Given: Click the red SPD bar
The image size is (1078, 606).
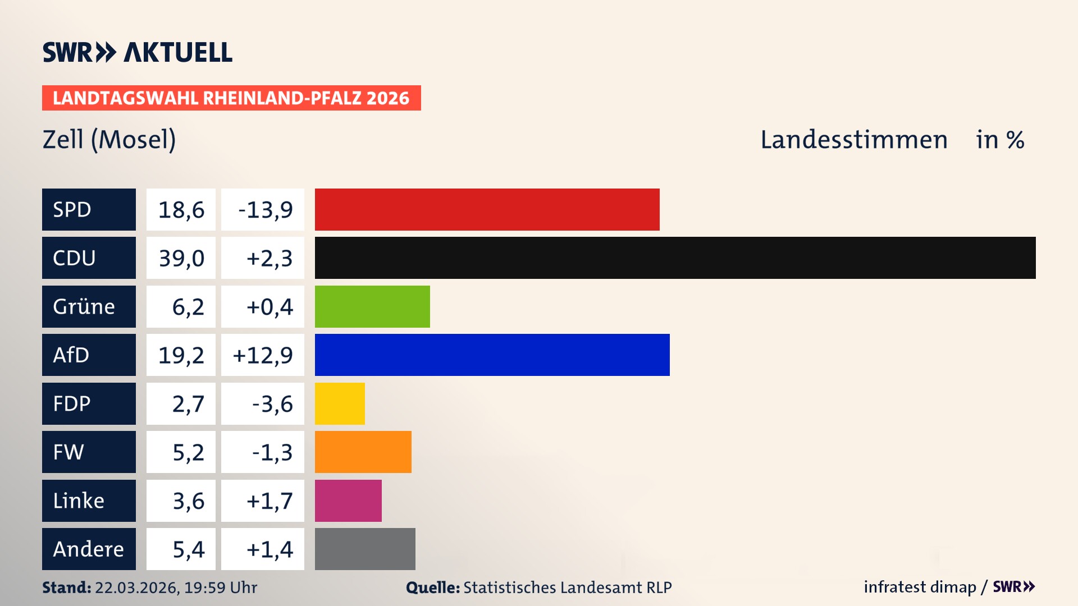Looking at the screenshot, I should [x=487, y=209].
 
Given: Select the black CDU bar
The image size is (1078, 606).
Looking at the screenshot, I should [x=675, y=258].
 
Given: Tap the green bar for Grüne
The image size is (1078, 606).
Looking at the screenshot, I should [x=372, y=306].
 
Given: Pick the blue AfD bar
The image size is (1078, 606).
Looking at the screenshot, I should [x=492, y=355].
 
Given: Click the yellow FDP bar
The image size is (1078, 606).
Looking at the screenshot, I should [x=340, y=403].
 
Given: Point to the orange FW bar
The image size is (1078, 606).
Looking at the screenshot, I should [x=363, y=452].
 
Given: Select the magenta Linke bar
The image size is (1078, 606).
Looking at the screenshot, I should [x=348, y=501].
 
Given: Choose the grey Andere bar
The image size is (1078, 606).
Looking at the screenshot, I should [x=365, y=549].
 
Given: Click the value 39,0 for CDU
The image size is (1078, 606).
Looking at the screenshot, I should [x=181, y=258].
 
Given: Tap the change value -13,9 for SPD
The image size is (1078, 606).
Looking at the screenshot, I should [x=264, y=210].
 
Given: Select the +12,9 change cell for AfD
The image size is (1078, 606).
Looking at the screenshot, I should [x=262, y=355].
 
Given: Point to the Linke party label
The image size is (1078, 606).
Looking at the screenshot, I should [x=79, y=501].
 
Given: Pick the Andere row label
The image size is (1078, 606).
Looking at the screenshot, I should [x=88, y=549].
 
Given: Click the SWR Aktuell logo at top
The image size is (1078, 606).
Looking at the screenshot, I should [x=137, y=52].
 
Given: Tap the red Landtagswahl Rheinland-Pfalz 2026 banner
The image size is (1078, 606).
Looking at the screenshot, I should [x=231, y=98].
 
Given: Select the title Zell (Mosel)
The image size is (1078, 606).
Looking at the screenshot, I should [x=109, y=139].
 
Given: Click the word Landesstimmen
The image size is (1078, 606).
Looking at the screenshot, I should [x=853, y=139].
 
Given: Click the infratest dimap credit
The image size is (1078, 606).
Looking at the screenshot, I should [x=920, y=587].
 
